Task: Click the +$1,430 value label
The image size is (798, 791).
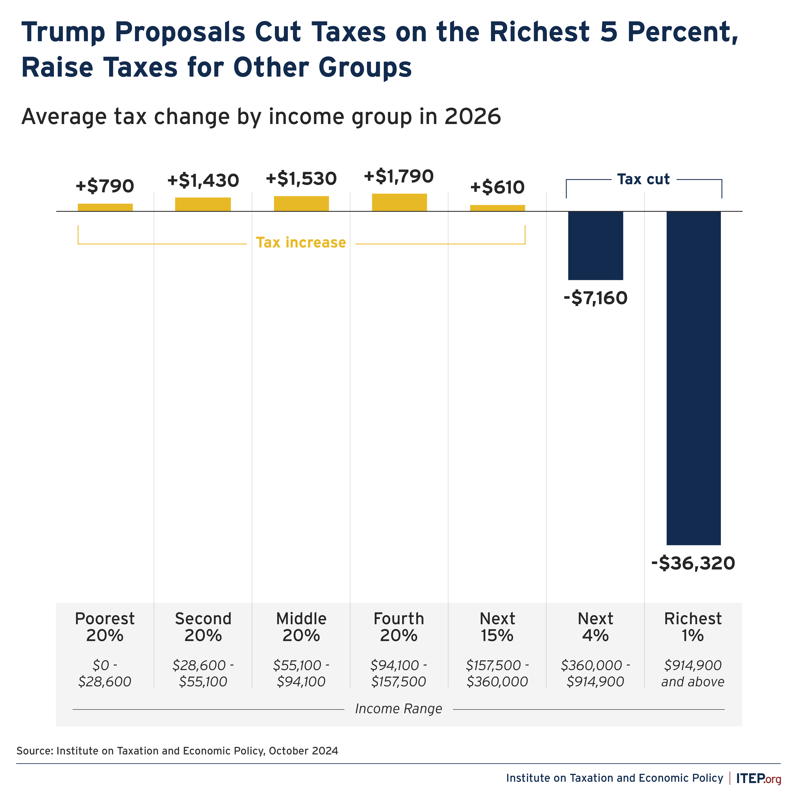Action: coord(203,181)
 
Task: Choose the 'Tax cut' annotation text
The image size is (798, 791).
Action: coord(643,179)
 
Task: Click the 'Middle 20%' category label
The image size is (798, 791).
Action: coord(301,627)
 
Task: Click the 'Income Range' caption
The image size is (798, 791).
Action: coord(399,709)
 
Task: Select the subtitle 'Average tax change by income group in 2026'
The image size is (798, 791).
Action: coord(261,117)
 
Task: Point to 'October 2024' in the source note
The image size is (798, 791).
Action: coord(303,751)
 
